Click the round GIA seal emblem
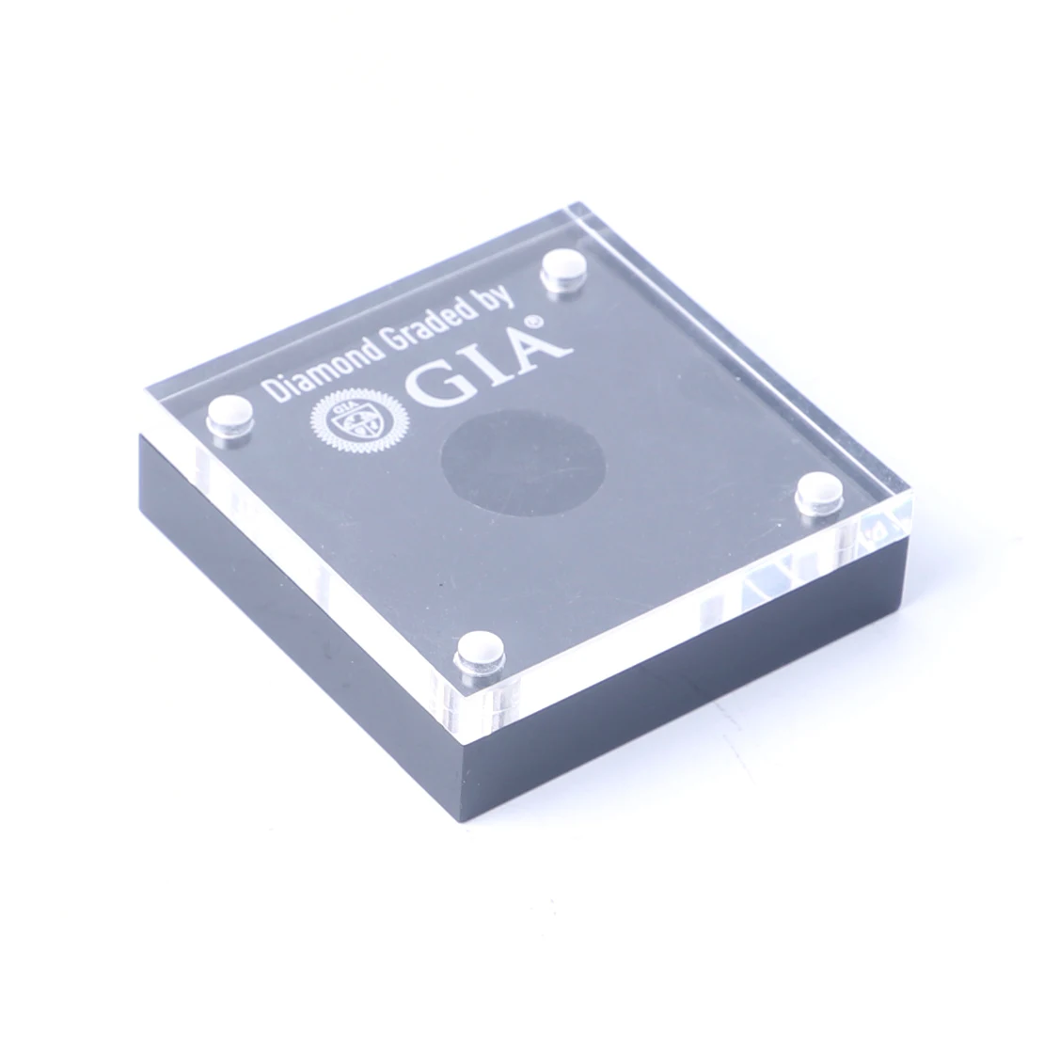coord(355,419)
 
